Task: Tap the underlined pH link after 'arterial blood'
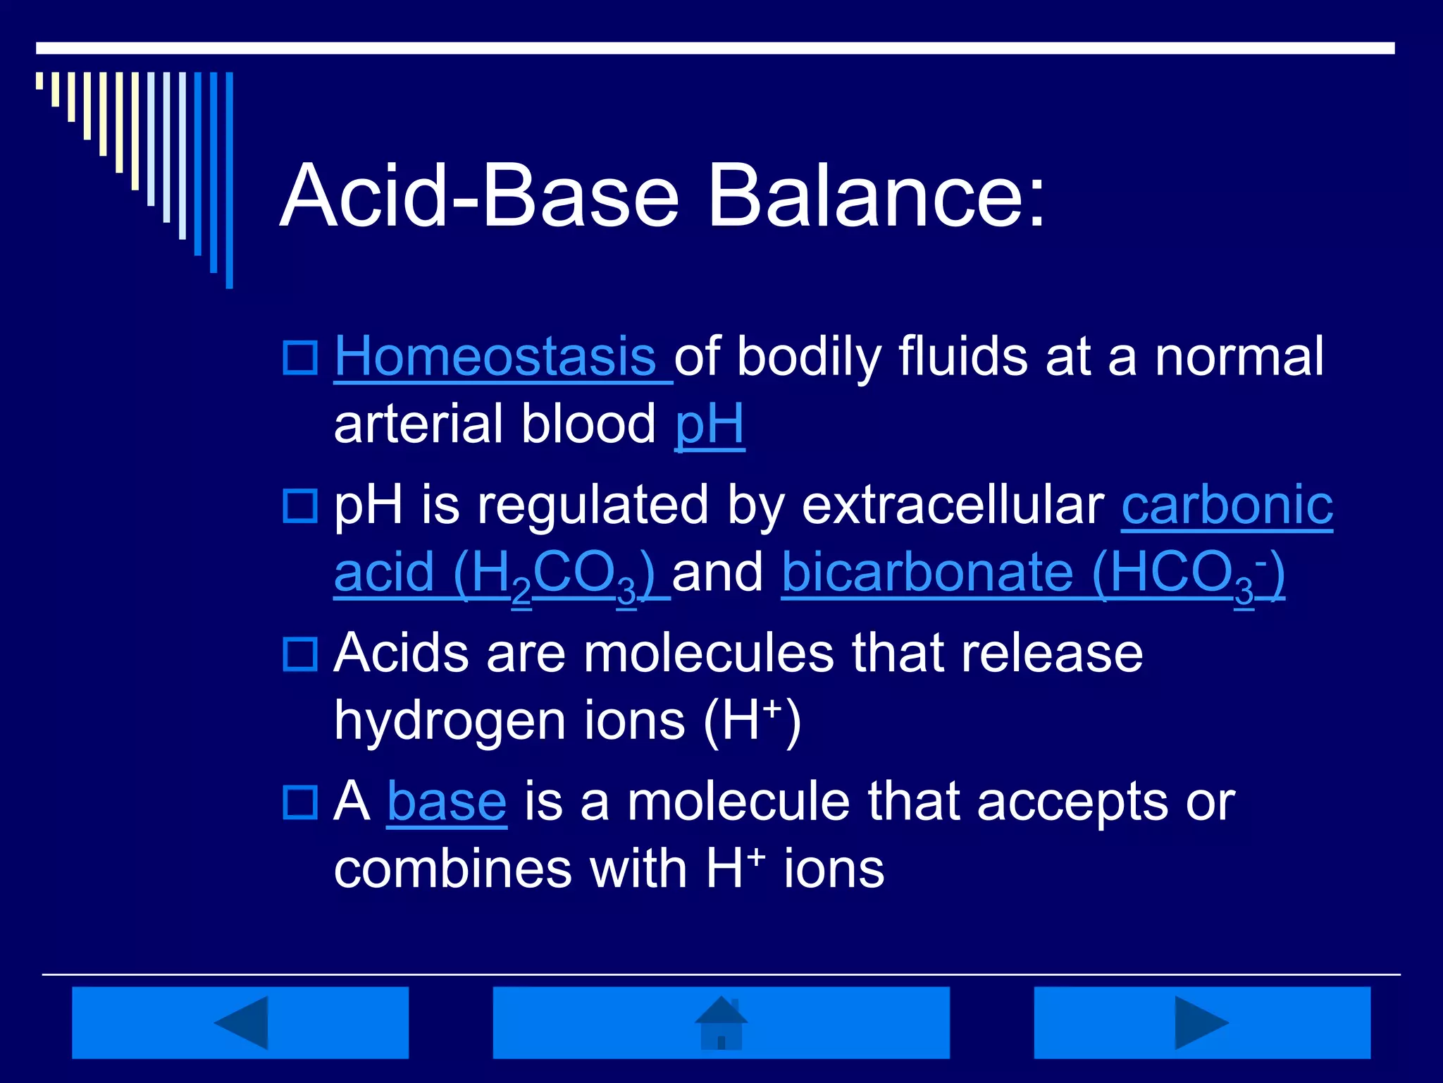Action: [x=710, y=424]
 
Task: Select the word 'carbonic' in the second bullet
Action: [x=1227, y=505]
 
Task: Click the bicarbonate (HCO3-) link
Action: [x=1032, y=573]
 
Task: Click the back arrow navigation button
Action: [x=240, y=1022]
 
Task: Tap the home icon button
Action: [x=721, y=1022]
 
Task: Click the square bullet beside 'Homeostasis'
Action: [x=300, y=358]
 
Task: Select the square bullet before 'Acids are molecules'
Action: [x=300, y=654]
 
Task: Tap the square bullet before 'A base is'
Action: [x=300, y=802]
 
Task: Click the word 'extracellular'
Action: [x=953, y=505]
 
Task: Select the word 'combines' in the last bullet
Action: [x=453, y=869]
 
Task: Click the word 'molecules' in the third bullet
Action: [x=708, y=654]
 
